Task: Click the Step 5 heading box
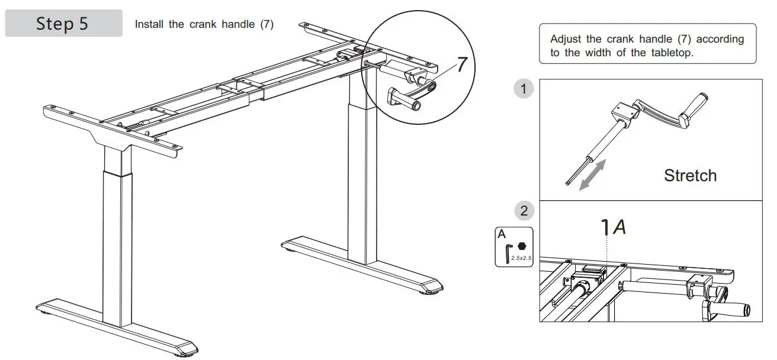point(63,24)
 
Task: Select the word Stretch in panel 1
point(690,175)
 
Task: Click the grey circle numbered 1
point(523,89)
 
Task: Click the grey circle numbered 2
point(523,211)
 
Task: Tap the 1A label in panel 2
point(614,227)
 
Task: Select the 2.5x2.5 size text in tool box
point(521,258)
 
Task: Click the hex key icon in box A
point(508,253)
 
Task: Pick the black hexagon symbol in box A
point(521,246)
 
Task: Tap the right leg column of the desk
point(362,178)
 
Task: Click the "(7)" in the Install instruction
point(267,25)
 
